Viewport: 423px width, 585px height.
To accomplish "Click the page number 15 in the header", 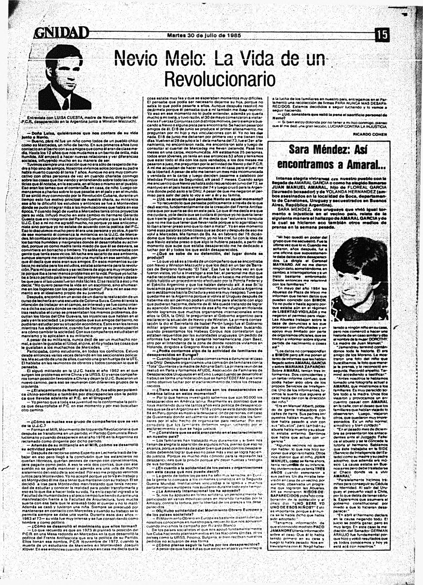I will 382,35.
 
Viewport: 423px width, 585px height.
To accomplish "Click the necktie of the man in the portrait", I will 66,103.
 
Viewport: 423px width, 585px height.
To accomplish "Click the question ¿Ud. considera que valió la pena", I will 328,116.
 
